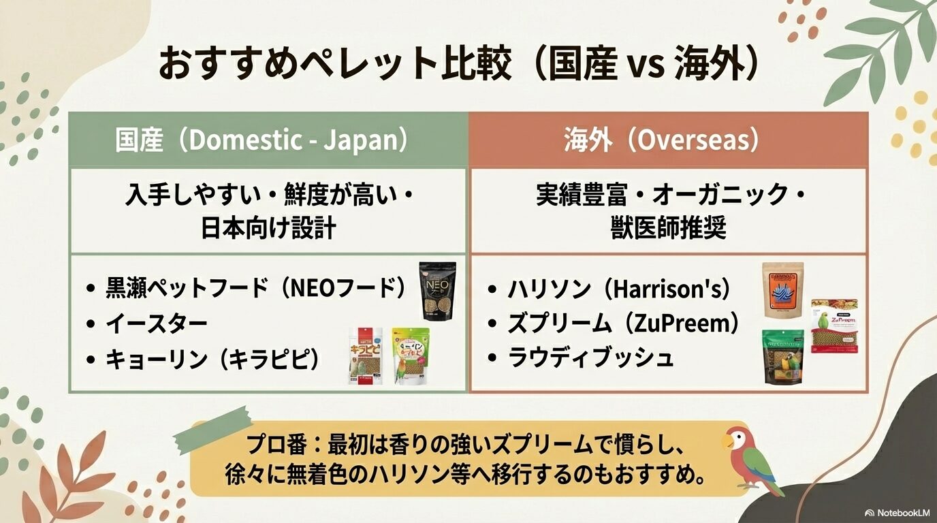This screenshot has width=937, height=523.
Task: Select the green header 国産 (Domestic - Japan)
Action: (x=267, y=140)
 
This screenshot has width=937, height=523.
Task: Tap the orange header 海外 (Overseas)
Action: (x=669, y=140)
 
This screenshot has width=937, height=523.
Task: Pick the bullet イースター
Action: (x=156, y=324)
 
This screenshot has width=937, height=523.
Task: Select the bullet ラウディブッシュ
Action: (x=590, y=358)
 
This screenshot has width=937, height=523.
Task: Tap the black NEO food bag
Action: (x=437, y=291)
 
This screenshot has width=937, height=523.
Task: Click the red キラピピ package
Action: (x=365, y=355)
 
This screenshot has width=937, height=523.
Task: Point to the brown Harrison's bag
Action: (x=782, y=289)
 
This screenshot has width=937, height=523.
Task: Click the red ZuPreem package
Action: (x=833, y=326)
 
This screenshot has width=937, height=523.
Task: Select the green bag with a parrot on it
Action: (x=782, y=355)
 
